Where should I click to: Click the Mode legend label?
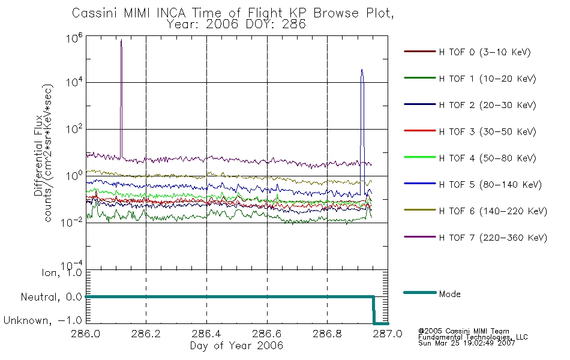click(449, 294)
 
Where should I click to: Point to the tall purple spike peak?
click(121, 40)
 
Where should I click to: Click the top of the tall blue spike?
click(362, 70)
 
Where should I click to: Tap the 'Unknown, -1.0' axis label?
click(43, 321)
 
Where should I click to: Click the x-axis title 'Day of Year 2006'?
click(236, 346)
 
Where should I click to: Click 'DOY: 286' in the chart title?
click(278, 25)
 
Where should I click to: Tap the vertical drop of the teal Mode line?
click(374, 310)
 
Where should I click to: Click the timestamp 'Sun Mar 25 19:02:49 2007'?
click(466, 343)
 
